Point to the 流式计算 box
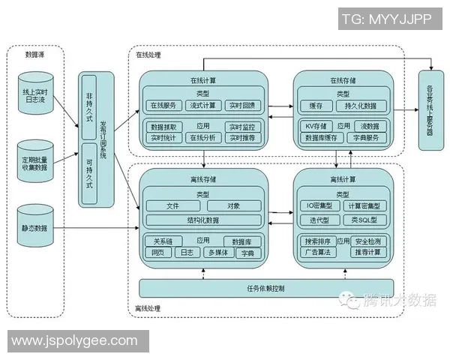[202, 105]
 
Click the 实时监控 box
[242, 127]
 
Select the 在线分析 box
[202, 138]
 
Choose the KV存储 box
[316, 127]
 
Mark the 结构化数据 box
[203, 220]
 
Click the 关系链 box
[163, 241]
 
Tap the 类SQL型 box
[365, 220]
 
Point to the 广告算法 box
[317, 253]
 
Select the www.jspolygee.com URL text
[74, 340]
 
